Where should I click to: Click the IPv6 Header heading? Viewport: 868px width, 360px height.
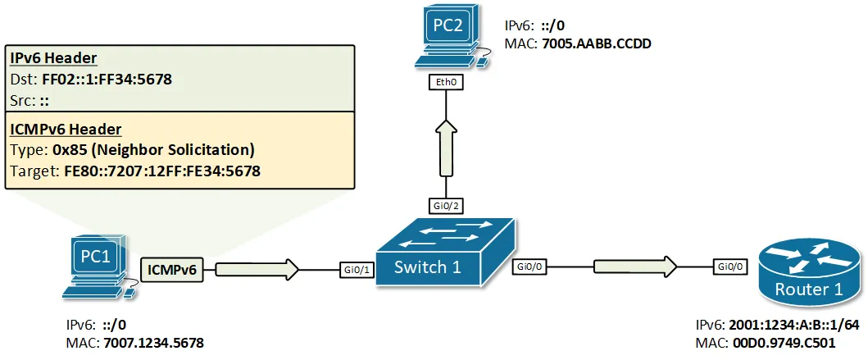tap(53, 58)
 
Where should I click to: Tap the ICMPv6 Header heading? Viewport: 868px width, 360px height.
tap(66, 130)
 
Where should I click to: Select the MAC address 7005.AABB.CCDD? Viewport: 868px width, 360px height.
tap(597, 44)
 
